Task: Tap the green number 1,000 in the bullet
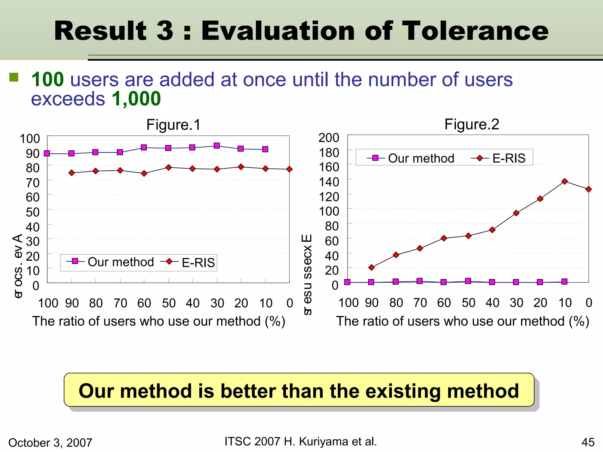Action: coord(136,99)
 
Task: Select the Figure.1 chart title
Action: coord(173,125)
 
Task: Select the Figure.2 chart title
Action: coord(472,124)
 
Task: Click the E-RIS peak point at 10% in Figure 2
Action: coord(564,181)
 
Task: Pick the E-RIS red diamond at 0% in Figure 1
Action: coord(289,169)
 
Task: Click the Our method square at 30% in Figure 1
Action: coord(217,146)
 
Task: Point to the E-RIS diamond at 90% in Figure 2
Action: coord(371,267)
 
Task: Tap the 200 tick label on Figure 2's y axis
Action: coord(329,138)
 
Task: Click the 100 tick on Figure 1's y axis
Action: coord(29,139)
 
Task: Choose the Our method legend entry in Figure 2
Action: coord(411,158)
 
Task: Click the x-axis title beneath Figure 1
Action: coord(159,321)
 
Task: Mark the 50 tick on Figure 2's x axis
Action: coord(468,303)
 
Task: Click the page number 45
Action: coord(588,442)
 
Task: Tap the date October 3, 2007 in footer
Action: coord(50,443)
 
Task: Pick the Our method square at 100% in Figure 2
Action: coord(347,282)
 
